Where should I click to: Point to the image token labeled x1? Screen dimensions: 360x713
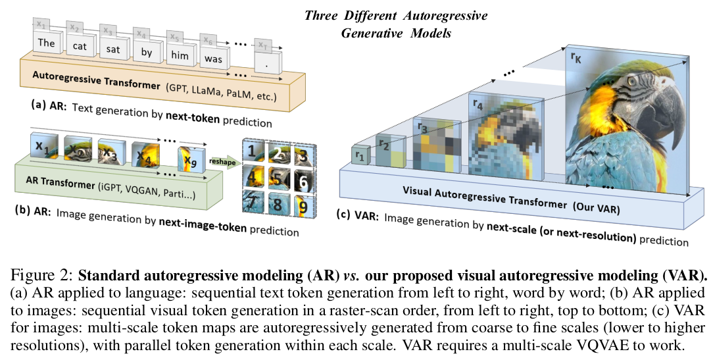pyautogui.click(x=41, y=147)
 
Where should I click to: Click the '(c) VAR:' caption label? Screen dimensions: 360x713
pyautogui.click(x=358, y=215)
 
